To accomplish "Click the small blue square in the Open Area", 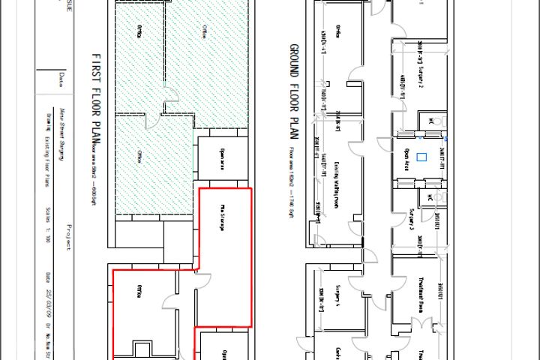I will [421, 157].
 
